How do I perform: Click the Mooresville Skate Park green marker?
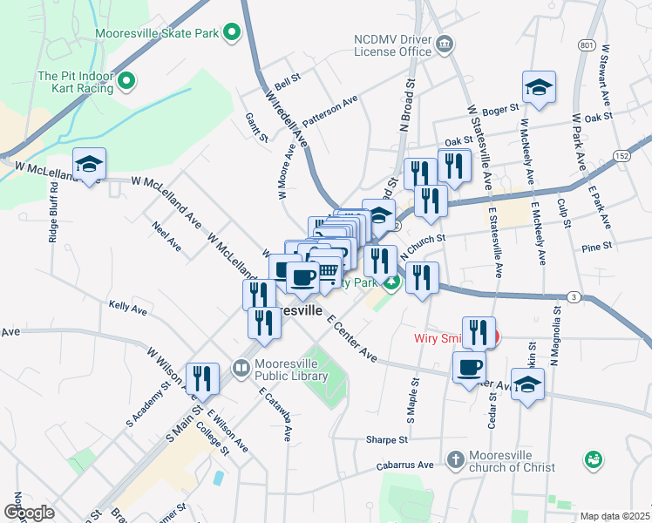tap(231, 34)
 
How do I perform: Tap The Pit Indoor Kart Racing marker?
tap(126, 83)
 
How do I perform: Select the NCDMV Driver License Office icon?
tap(445, 44)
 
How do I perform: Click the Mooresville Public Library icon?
tap(241, 369)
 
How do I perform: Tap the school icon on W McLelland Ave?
tap(88, 164)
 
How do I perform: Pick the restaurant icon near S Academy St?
tap(202, 378)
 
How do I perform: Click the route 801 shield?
tap(586, 44)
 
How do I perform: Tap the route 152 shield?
tap(621, 154)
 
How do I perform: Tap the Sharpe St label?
tap(387, 441)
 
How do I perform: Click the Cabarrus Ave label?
tap(405, 465)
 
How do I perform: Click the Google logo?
tap(29, 513)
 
